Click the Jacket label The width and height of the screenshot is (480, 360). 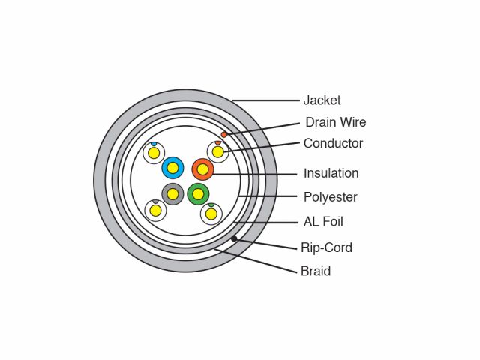[322, 100]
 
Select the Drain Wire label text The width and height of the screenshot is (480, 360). [335, 122]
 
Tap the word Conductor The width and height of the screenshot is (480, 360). [333, 143]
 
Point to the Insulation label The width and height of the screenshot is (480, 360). [331, 173]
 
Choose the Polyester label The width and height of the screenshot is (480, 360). [330, 197]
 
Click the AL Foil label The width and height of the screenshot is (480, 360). [323, 222]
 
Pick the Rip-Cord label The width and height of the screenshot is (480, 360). [326, 247]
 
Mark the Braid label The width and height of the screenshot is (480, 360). [315, 271]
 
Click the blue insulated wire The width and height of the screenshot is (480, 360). [172, 168]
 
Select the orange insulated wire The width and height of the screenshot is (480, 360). [202, 169]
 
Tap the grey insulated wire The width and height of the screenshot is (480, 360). [172, 194]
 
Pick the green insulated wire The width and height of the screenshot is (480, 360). [198, 194]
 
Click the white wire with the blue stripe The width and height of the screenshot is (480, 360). [154, 153]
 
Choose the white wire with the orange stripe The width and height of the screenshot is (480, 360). [217, 152]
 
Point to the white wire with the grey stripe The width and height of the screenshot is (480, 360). [155, 211]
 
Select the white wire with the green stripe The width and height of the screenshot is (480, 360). [211, 214]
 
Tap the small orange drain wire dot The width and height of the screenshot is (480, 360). [224, 134]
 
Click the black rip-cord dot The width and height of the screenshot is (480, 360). [234, 238]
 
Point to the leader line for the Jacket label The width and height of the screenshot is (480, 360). [266, 100]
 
